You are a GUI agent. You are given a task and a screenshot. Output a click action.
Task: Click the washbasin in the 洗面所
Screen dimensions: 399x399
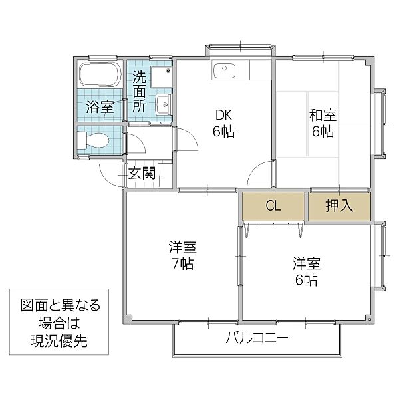point(164,104)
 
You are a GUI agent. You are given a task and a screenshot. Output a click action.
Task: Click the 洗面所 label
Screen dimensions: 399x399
point(138,91)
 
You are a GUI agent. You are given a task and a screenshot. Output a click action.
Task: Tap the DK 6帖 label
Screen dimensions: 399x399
point(223,123)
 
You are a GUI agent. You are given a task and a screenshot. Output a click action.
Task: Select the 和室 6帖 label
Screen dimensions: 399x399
point(323,123)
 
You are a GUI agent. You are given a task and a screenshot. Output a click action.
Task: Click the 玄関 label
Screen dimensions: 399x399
point(142,174)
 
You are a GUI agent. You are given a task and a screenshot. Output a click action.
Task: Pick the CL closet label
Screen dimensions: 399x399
point(273,205)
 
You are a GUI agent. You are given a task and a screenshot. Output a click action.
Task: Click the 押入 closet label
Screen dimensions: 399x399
point(338,205)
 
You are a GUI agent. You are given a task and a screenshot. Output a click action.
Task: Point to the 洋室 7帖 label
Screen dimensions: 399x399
point(181,256)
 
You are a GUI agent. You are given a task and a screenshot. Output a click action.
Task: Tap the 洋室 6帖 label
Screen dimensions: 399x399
point(306,271)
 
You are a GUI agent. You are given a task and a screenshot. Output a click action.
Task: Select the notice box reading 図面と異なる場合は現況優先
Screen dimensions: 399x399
point(60,324)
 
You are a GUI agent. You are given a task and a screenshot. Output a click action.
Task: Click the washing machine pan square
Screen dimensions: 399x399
point(160,78)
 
